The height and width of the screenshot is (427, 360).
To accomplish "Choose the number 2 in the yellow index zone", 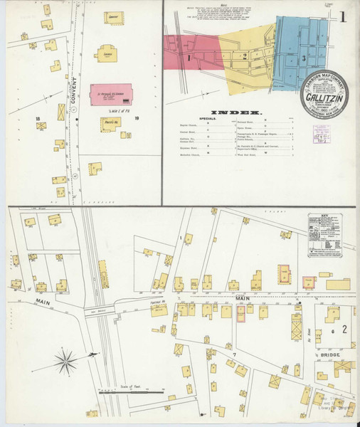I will (x=245, y=55).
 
